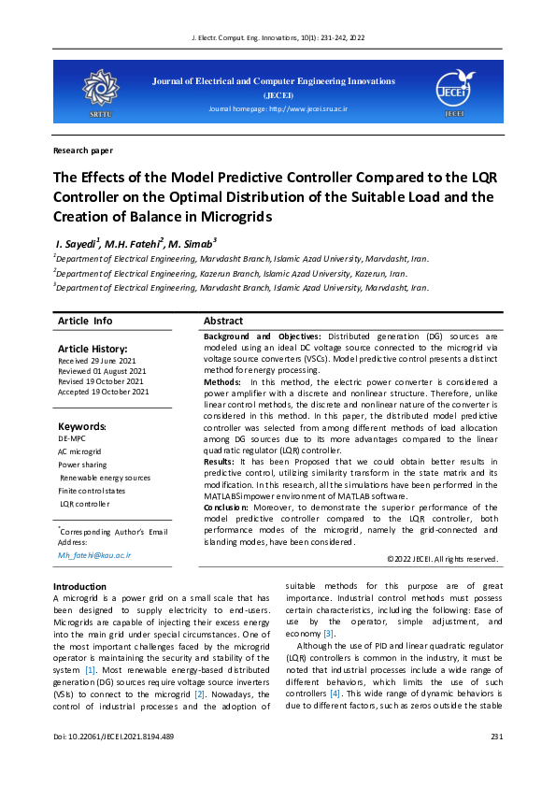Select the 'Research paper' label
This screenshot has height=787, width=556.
83,150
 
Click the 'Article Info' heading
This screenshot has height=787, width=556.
85,321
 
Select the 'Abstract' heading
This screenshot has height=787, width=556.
223,321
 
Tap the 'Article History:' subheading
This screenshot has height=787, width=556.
92,349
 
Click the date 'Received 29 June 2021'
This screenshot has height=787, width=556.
97,361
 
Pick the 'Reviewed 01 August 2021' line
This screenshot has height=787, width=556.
101,371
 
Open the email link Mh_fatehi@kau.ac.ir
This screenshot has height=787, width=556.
94,554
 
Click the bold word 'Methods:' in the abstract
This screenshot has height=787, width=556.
222,382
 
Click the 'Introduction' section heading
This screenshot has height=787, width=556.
80,586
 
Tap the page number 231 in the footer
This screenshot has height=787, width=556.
496,737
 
